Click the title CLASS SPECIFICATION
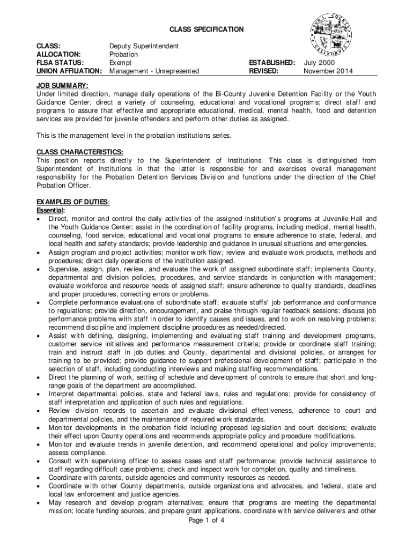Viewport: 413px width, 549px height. pos(206,29)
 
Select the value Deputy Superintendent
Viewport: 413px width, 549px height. pos(144,47)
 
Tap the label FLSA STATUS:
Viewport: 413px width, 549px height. pos(61,63)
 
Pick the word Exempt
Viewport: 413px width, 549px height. pos(120,63)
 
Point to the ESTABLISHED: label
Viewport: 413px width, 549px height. pos(271,63)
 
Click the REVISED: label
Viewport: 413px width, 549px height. pos(263,71)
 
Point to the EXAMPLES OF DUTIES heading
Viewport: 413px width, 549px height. pos(73,202)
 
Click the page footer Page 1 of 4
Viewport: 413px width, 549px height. pos(206,520)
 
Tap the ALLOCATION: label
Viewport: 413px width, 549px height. pos(58,55)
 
